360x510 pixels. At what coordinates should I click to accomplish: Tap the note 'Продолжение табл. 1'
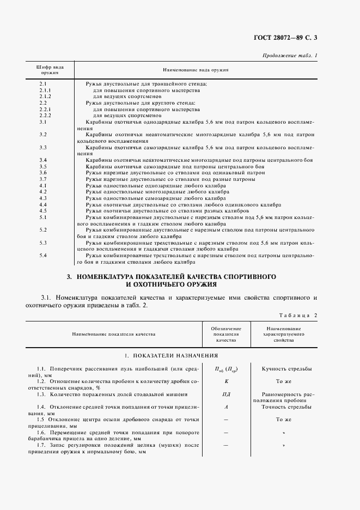(x=290, y=55)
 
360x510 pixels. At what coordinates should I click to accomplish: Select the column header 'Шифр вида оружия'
(x=50, y=70)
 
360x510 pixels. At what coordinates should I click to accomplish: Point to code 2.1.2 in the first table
(x=45, y=96)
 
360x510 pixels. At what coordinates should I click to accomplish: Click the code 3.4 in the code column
(x=43, y=160)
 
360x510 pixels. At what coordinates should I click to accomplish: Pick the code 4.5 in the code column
(x=43, y=210)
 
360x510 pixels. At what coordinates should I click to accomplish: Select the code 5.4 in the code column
(x=43, y=255)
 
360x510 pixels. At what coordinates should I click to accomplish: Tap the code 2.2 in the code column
(x=43, y=103)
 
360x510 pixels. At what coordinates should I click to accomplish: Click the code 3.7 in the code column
(x=43, y=179)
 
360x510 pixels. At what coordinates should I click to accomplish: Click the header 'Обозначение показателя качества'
(x=225, y=333)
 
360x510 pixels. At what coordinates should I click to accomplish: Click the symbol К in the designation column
(x=225, y=382)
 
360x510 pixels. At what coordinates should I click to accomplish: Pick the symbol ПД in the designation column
(x=225, y=394)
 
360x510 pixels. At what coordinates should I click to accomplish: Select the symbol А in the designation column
(x=225, y=406)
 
